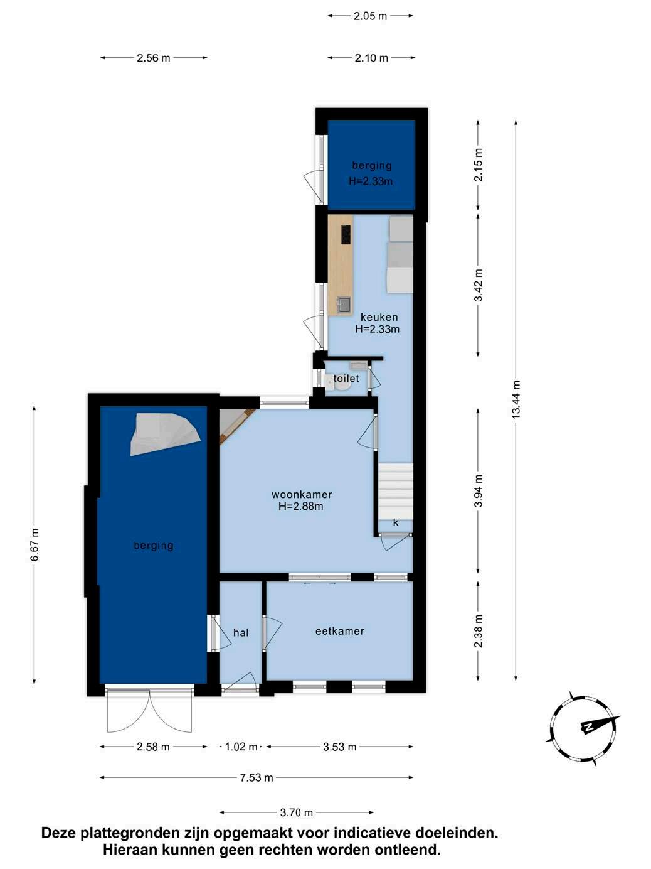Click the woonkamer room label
tap(301, 494)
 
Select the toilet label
tap(346, 378)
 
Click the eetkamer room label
tap(339, 631)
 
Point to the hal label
tap(241, 633)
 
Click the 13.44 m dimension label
tap(516, 399)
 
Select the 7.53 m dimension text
tap(257, 777)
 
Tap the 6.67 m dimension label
tap(34, 544)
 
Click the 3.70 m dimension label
tap(297, 812)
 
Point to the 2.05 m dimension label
tap(371, 16)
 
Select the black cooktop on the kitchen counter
tap(346, 234)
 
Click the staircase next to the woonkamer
tap(396, 491)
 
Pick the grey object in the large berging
tap(165, 434)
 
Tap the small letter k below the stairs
tap(396, 523)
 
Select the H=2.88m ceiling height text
tap(301, 506)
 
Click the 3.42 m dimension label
tap(479, 285)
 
